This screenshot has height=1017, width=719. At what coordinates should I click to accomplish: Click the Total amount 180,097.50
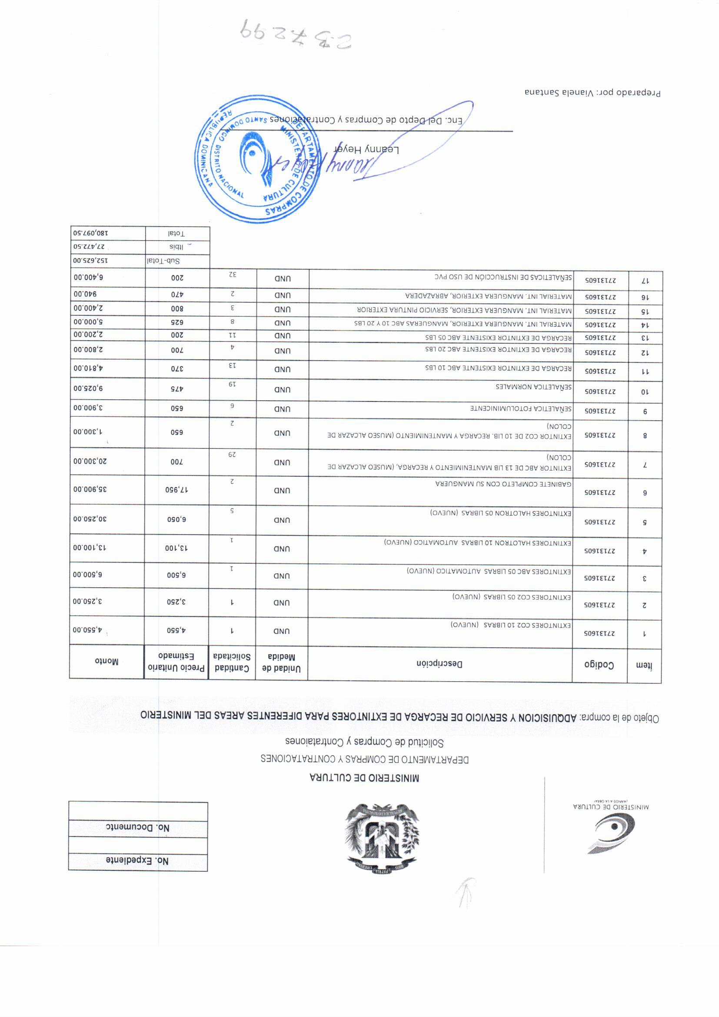(x=91, y=233)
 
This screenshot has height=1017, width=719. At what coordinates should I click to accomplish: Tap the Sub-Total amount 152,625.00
(x=91, y=261)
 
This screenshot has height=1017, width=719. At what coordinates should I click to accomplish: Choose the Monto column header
(x=106, y=662)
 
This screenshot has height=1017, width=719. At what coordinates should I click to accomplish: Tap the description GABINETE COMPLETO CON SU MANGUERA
(x=503, y=484)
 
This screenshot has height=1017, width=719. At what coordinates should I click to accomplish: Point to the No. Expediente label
(x=137, y=861)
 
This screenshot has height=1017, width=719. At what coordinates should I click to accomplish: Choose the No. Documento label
(x=137, y=827)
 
